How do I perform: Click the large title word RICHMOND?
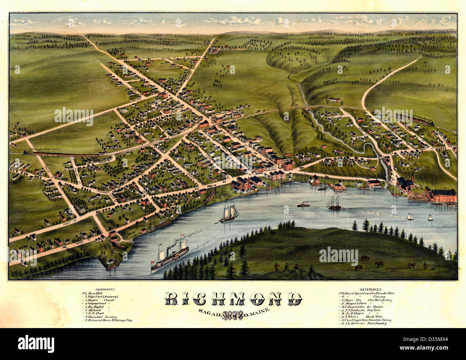[x=233, y=299]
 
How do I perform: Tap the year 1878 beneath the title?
[x=233, y=315]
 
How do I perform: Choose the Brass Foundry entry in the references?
[x=366, y=324]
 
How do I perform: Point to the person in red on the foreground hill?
[x=276, y=267]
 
